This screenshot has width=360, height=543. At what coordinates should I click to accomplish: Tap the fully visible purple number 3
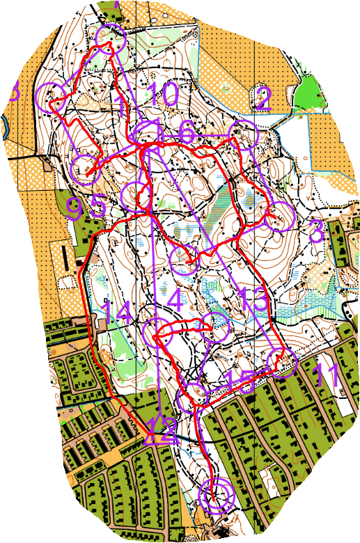click(315, 231)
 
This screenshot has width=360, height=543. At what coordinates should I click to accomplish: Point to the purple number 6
click(186, 132)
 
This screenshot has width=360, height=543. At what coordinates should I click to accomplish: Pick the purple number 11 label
click(327, 375)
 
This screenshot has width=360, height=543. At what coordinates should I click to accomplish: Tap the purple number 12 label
click(162, 434)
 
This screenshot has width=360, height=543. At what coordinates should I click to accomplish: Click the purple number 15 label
click(238, 380)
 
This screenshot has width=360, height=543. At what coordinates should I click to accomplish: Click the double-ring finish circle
click(216, 496)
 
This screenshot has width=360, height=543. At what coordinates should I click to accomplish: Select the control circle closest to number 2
click(244, 134)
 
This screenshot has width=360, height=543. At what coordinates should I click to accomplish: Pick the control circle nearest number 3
click(279, 217)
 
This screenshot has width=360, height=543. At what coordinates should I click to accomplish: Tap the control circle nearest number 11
click(282, 362)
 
